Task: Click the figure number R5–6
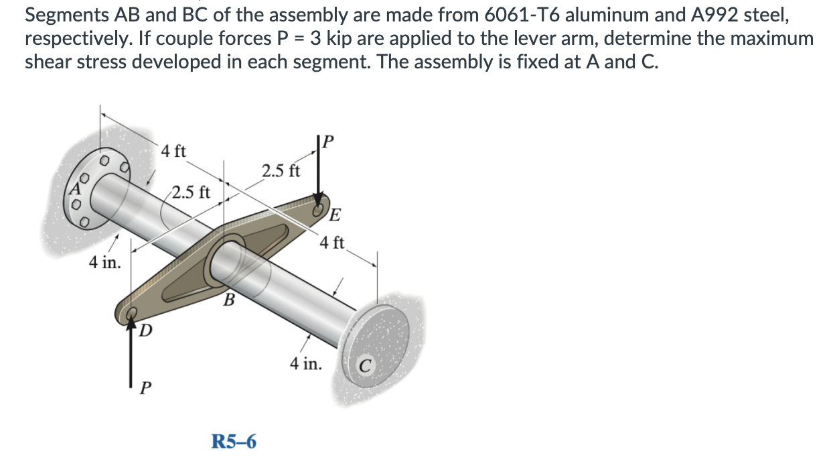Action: click(x=234, y=442)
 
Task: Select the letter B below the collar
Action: click(x=228, y=298)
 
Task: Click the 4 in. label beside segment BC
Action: click(x=306, y=364)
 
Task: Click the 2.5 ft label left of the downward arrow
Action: click(x=281, y=170)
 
